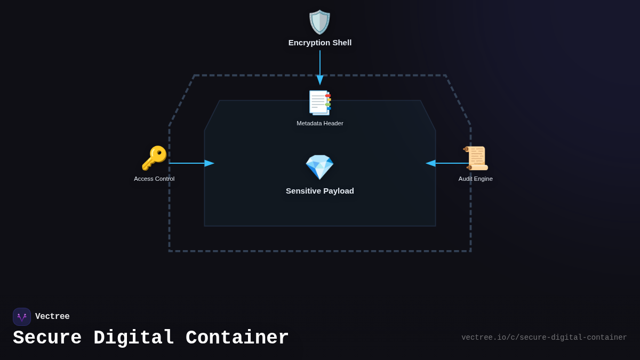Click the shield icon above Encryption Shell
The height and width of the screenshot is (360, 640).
click(x=319, y=22)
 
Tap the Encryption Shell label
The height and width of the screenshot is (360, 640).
click(x=320, y=43)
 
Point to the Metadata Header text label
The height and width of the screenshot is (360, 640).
click(x=320, y=123)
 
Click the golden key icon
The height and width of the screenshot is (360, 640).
click(x=154, y=158)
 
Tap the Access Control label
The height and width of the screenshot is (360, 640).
click(x=154, y=179)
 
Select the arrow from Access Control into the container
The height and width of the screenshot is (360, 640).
click(x=191, y=163)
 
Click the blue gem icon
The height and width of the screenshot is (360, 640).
click(x=319, y=167)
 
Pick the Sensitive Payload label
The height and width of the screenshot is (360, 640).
click(x=320, y=191)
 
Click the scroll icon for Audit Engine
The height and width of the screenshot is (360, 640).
click(x=476, y=158)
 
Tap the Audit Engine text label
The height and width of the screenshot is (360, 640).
click(x=476, y=179)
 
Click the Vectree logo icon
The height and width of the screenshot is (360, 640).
click(x=22, y=317)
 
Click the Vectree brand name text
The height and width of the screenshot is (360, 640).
click(x=52, y=317)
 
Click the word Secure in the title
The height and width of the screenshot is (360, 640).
click(x=47, y=338)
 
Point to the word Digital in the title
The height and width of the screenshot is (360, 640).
click(x=133, y=338)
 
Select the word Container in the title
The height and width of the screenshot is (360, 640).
click(x=237, y=338)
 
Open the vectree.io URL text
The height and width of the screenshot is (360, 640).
click(x=544, y=338)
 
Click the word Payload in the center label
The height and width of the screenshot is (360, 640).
click(x=338, y=191)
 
